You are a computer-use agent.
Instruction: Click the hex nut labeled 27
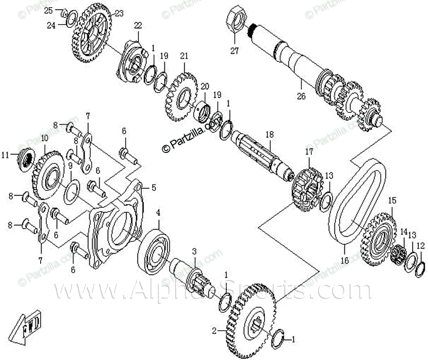236,19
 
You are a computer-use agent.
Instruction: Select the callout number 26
301,97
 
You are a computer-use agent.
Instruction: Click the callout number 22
138,25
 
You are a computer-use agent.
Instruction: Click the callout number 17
309,152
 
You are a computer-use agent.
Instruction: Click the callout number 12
420,246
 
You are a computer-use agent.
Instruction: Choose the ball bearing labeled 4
154,250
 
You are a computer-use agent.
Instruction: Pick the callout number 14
403,232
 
